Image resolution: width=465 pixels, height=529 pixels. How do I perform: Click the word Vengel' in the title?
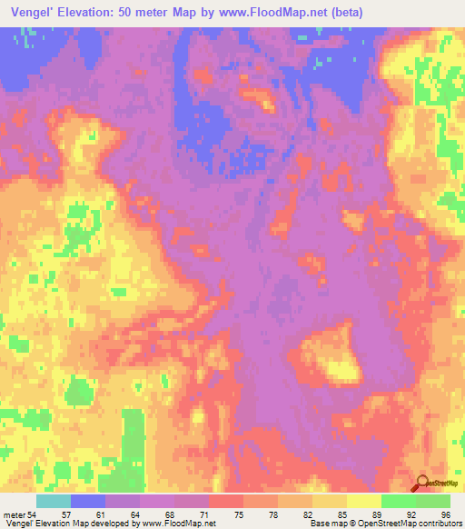point(30,13)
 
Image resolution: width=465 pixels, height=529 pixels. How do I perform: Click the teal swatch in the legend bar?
point(54,502)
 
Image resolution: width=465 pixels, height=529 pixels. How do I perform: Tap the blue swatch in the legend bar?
point(88,502)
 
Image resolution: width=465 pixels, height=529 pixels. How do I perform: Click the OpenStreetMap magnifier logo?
point(422,483)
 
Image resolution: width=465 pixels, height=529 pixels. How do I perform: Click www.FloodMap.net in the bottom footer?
point(177,523)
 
